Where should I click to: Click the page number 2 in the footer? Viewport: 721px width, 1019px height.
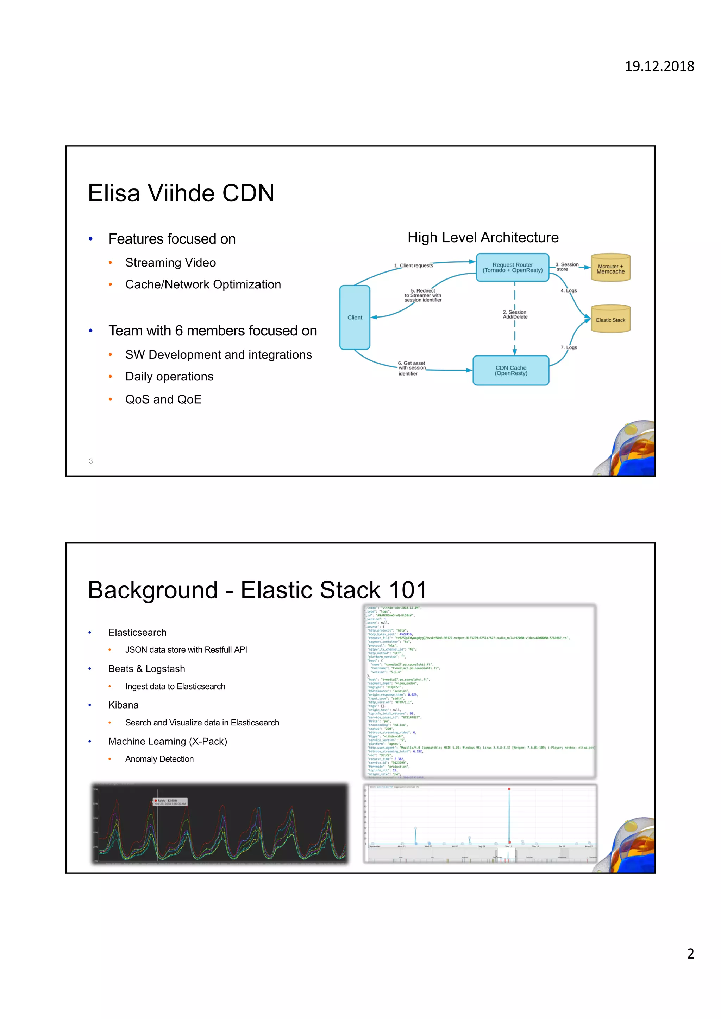(x=690, y=953)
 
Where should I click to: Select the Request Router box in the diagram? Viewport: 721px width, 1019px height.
(x=512, y=267)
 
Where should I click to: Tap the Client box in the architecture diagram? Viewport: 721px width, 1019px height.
(x=355, y=317)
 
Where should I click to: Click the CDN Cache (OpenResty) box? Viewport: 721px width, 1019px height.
(x=511, y=370)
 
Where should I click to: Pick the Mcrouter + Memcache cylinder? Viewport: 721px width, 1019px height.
(x=610, y=269)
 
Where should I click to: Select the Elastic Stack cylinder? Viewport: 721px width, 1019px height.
(x=610, y=320)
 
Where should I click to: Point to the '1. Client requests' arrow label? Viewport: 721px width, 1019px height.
(x=413, y=265)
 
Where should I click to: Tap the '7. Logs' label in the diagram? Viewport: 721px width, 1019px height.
(x=569, y=347)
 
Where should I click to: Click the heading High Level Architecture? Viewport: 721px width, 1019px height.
(x=483, y=237)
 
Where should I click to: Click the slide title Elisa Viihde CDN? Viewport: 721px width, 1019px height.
(x=181, y=193)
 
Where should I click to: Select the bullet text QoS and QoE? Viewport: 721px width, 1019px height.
(x=163, y=399)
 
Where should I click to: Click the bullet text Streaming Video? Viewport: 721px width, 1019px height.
(x=171, y=263)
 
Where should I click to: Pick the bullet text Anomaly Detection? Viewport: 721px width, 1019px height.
(x=159, y=759)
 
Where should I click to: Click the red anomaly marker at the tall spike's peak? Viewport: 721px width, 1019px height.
(x=509, y=789)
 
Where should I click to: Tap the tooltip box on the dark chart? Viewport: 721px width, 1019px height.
(x=170, y=802)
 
